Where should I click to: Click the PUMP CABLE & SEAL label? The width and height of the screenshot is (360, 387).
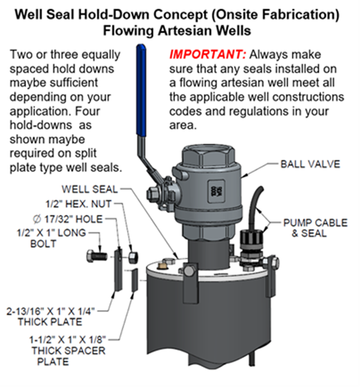point(315,228)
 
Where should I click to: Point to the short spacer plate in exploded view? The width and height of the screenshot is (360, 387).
point(134,283)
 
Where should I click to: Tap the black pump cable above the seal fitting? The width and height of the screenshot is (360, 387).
point(257,200)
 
